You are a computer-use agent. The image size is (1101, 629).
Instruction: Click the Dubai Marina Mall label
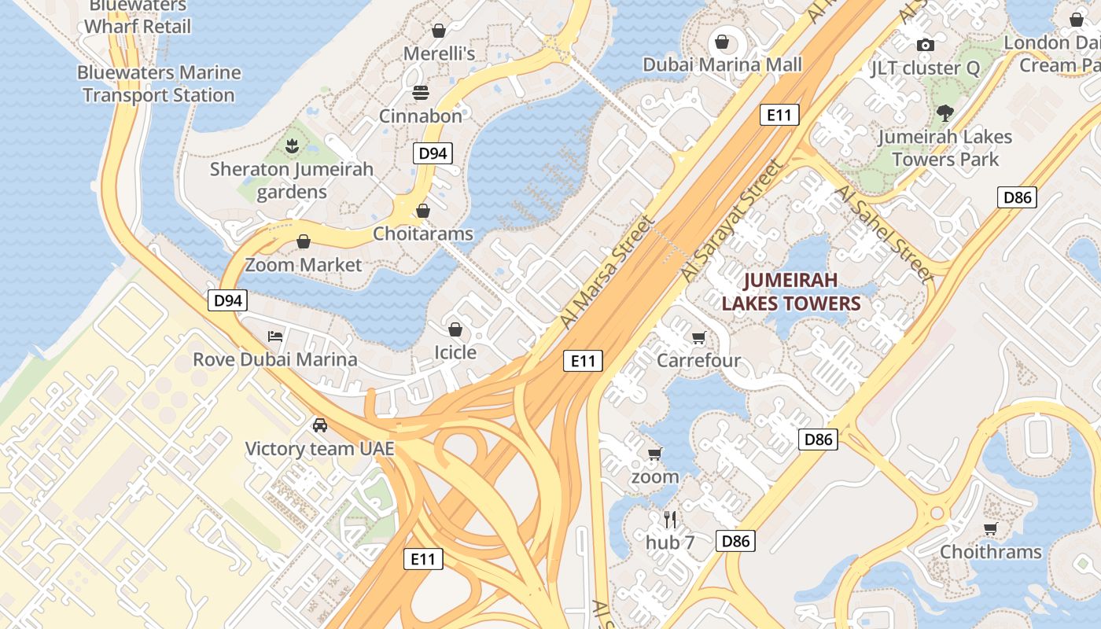722,64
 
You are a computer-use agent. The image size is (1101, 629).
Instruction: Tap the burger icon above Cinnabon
421,93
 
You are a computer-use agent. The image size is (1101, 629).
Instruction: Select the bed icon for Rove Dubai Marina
275,337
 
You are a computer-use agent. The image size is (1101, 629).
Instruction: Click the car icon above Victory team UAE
320,425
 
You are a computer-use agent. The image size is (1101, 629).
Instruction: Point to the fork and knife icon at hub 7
669,519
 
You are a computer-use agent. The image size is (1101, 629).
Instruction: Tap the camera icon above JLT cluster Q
926,45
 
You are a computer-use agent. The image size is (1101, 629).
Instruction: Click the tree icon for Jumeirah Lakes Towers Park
945,113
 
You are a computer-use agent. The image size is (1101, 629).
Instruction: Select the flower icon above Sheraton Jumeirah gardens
292,145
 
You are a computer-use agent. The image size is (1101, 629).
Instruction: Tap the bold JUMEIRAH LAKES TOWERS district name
790,292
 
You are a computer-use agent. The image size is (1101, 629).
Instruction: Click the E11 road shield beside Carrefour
583,361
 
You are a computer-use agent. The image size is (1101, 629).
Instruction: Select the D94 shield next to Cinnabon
433,153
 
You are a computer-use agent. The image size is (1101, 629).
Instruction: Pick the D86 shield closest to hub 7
735,540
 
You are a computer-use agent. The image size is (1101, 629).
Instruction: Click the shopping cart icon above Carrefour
698,338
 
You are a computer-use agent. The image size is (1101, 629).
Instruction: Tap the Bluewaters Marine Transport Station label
159,84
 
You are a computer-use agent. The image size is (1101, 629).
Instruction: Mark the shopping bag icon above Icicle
455,329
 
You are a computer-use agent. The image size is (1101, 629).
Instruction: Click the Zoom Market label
303,265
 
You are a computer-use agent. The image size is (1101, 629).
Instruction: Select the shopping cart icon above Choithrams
990,529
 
